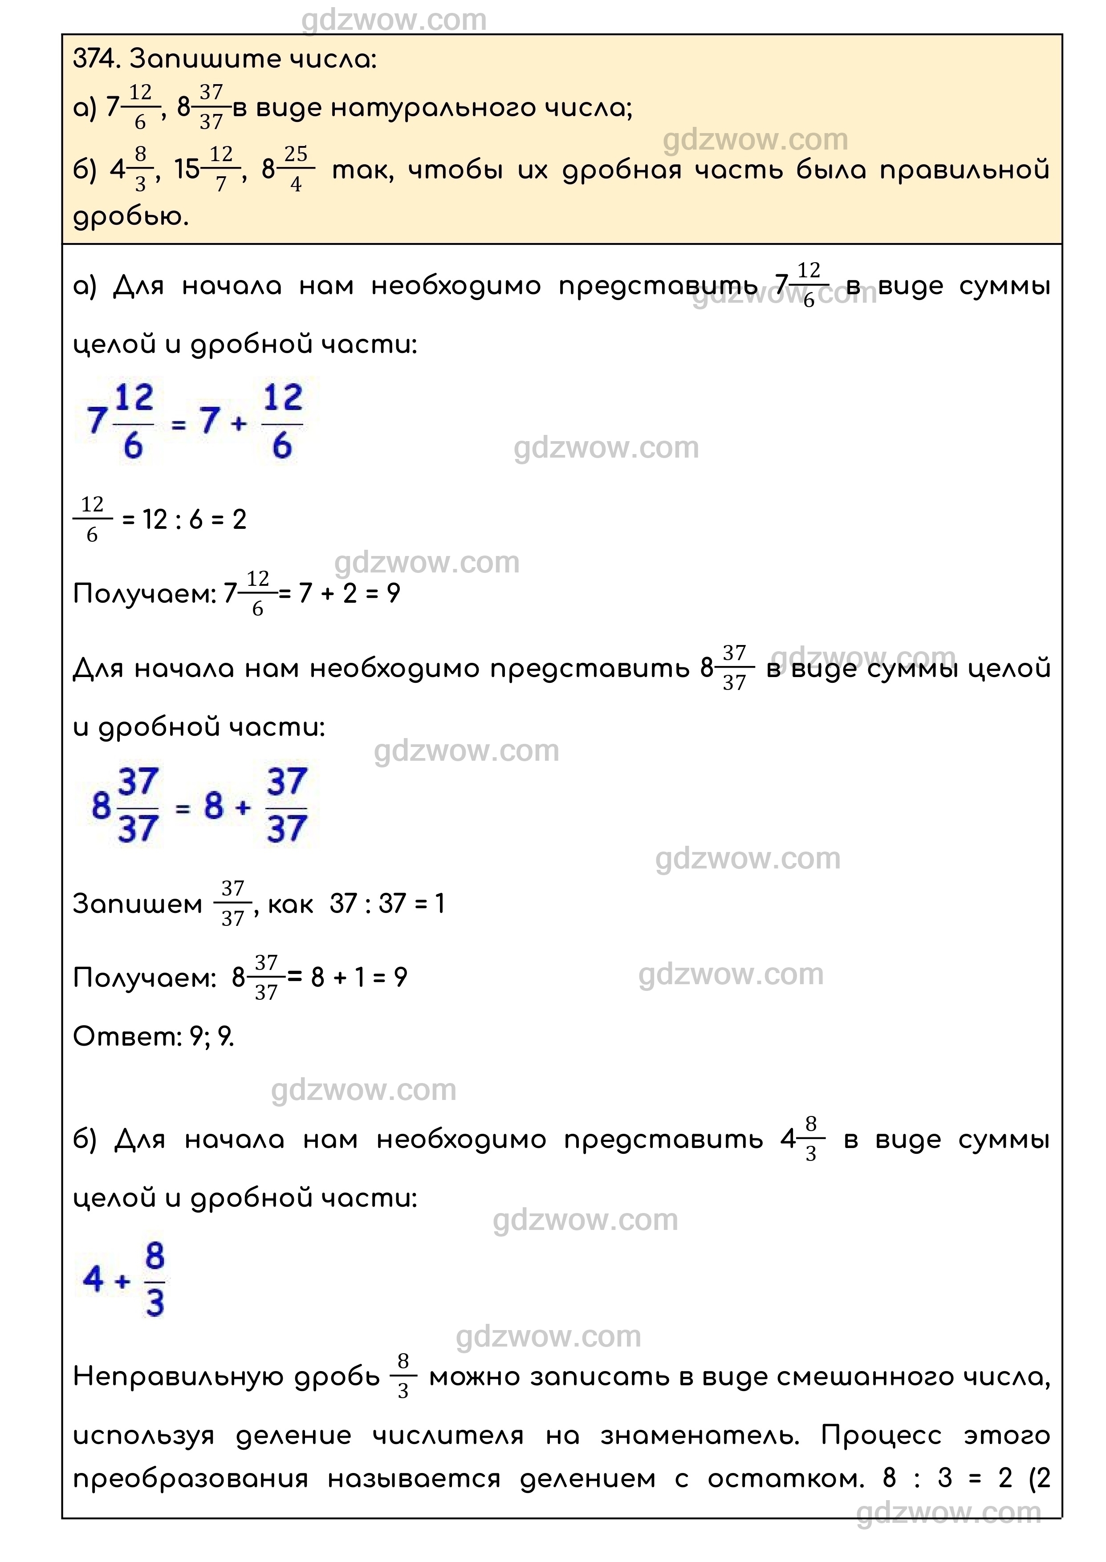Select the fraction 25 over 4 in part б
pyautogui.click(x=296, y=168)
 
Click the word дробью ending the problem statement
pyautogui.click(x=130, y=217)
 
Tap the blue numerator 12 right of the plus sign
pyautogui.click(x=283, y=398)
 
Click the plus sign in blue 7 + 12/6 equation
pyautogui.click(x=238, y=423)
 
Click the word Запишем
pyautogui.click(x=138, y=904)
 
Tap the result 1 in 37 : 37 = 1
pyautogui.click(x=439, y=904)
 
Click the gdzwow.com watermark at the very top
pyautogui.click(x=394, y=20)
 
